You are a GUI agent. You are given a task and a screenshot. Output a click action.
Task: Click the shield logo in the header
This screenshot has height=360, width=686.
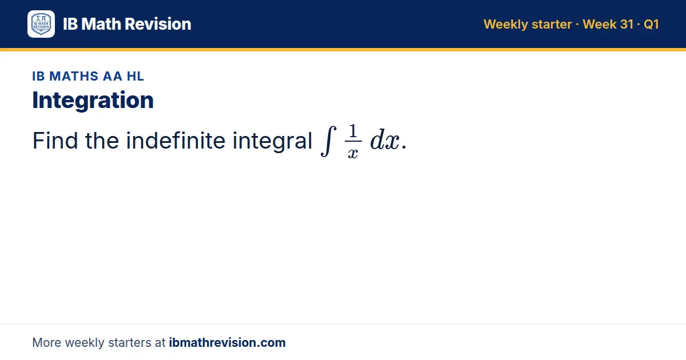coord(41,24)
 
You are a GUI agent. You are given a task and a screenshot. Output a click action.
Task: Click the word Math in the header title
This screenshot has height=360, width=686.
coord(101,24)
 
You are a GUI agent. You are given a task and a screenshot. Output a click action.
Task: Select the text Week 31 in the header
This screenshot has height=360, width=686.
coord(608,24)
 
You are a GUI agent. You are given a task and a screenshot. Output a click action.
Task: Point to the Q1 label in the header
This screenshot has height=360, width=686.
coord(651,25)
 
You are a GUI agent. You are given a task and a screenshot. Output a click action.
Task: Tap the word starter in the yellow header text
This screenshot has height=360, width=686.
coord(552,25)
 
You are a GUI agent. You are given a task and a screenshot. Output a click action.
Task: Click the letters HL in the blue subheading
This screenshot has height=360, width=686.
coord(135,76)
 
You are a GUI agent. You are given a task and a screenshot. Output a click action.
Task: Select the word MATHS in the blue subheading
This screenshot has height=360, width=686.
coord(74,76)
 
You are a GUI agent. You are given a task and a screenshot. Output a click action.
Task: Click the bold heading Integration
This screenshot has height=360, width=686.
coord(93,100)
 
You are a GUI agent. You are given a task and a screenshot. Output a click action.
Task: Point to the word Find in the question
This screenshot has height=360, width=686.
coord(55,141)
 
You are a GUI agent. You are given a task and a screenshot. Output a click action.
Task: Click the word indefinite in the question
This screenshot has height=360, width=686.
coord(176,141)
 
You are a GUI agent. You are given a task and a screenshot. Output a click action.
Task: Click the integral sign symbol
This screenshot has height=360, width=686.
coord(328,141)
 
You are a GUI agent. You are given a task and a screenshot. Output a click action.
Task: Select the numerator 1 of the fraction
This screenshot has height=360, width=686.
coord(353,131)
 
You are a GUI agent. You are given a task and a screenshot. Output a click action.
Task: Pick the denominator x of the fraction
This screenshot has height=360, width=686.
coord(353,153)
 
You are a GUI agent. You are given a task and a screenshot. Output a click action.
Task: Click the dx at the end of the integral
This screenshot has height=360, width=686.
coord(385,140)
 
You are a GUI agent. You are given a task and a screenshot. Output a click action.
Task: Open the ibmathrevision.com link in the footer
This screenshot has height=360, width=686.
coord(228,342)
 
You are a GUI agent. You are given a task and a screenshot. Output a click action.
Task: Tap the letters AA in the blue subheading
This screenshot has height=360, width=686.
coord(113,76)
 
